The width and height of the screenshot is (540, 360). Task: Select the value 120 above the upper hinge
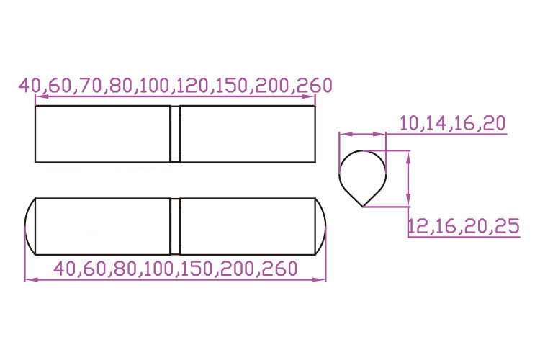[194, 86]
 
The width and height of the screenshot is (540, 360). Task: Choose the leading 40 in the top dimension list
[30, 86]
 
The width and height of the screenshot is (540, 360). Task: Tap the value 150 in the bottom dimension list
[197, 269]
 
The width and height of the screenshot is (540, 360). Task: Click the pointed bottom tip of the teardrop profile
[363, 207]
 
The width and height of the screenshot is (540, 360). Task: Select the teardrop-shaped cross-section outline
[340, 176]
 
